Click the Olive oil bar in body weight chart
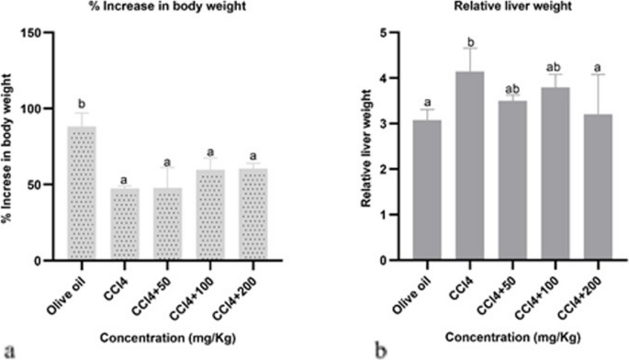(x=83, y=194)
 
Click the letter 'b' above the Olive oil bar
(x=83, y=104)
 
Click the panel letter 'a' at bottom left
(x=9, y=349)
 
